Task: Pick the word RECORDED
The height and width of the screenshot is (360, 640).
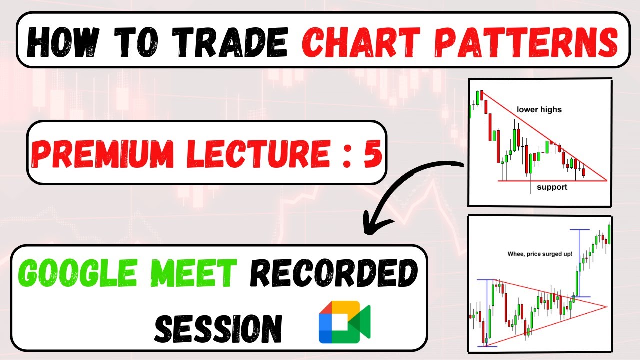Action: (x=333, y=274)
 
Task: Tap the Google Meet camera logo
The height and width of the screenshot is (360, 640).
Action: (x=344, y=322)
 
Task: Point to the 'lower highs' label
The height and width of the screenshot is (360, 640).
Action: (x=539, y=109)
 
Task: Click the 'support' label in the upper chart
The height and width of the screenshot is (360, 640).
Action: (x=552, y=187)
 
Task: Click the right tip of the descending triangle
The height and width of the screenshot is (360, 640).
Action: (x=606, y=180)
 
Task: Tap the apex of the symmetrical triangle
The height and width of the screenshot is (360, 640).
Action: (x=606, y=306)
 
